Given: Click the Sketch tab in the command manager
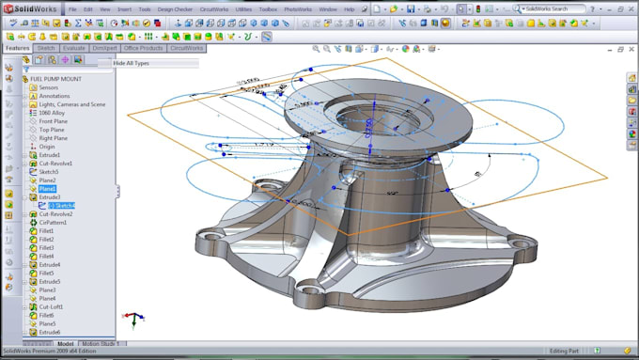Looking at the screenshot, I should [x=45, y=47].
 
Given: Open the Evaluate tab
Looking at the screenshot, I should [x=74, y=47].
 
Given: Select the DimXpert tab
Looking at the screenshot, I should [x=104, y=47].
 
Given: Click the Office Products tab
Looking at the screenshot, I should [x=144, y=47].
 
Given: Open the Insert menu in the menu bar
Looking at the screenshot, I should [x=124, y=8].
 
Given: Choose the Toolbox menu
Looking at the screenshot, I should [x=269, y=8].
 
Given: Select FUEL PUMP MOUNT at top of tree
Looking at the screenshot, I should [x=55, y=79].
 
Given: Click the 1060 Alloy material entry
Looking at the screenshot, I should [x=53, y=113].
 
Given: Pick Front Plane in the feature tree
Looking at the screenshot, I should [x=53, y=121].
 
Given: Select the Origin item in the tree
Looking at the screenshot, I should [x=47, y=147].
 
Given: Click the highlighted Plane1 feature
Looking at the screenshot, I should [x=47, y=189].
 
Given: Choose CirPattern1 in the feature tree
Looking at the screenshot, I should [x=52, y=223].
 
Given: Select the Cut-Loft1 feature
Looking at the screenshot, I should [x=51, y=306].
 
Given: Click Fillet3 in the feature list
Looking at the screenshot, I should [x=46, y=248].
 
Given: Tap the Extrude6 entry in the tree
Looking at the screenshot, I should [x=50, y=332].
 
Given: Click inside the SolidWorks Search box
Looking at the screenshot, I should [x=553, y=8].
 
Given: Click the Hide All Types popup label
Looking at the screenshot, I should [x=131, y=63].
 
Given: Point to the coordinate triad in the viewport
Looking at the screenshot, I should [x=133, y=318].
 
